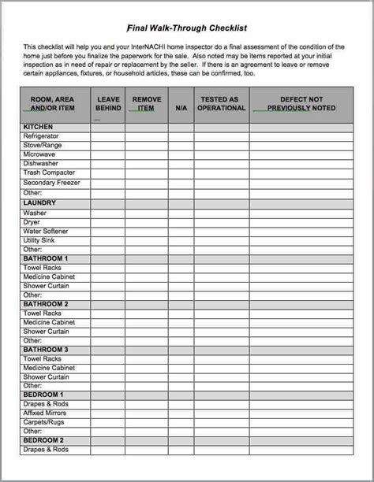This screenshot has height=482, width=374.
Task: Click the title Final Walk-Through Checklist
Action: (x=186, y=25)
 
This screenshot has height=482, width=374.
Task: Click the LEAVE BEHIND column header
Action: (x=108, y=104)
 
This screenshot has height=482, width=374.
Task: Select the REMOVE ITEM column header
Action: (x=147, y=104)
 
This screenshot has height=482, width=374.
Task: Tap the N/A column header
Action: (x=181, y=108)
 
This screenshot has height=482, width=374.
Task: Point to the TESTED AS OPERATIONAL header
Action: (x=221, y=104)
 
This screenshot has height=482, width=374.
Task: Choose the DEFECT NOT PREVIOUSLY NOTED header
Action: (x=301, y=104)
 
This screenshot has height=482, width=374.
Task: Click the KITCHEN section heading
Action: (x=39, y=127)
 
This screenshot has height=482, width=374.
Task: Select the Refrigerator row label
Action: (x=41, y=136)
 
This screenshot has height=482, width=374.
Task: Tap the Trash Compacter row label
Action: (x=49, y=172)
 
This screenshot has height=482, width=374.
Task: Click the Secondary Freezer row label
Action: (x=52, y=183)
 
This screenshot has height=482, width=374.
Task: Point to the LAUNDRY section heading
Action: (x=39, y=202)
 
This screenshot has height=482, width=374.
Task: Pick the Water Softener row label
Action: (x=46, y=231)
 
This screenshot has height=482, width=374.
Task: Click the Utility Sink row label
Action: (x=40, y=240)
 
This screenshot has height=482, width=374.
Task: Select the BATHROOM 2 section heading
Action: (x=46, y=304)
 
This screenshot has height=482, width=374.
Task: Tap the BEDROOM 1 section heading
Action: (x=43, y=395)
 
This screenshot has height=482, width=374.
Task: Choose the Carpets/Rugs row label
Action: (x=44, y=422)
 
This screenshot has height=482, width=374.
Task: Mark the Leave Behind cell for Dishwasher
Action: (x=108, y=164)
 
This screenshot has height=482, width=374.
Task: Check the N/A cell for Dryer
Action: (x=181, y=222)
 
